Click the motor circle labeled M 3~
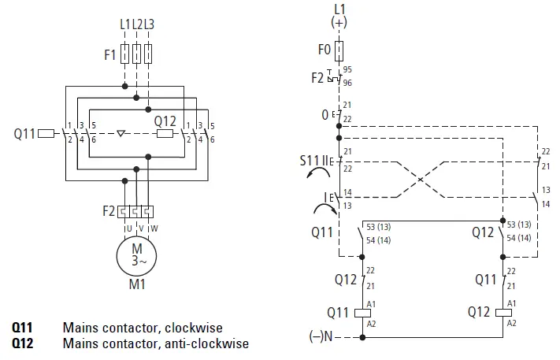(x=137, y=254)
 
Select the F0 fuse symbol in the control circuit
(x=339, y=51)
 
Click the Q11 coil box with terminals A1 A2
(x=362, y=311)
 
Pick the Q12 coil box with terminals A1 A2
(x=503, y=311)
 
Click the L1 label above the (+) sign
(x=339, y=9)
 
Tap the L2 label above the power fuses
(x=137, y=24)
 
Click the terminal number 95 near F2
(x=348, y=70)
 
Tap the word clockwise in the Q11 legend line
(x=195, y=327)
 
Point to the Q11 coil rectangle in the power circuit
(x=46, y=133)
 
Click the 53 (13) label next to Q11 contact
(x=387, y=227)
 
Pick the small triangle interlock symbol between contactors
(x=120, y=133)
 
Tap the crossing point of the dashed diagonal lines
(x=421, y=179)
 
